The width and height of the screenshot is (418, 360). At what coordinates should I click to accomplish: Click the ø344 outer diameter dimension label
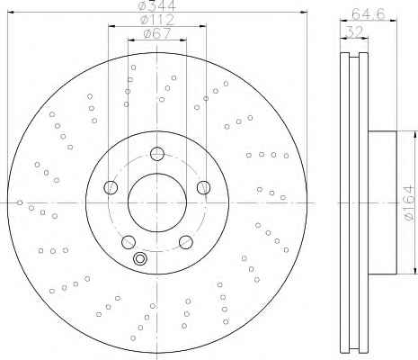click(x=157, y=5)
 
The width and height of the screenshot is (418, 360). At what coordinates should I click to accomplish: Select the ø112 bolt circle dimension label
click(x=157, y=20)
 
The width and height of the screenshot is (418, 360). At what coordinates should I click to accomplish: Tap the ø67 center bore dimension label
click(x=157, y=33)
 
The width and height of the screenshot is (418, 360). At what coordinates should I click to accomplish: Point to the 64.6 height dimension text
click(x=368, y=13)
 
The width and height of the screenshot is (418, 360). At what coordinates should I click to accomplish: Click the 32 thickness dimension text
click(x=354, y=31)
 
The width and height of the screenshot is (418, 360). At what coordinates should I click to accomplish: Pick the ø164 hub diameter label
click(x=409, y=203)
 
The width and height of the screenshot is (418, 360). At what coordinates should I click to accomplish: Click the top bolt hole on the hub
click(x=157, y=154)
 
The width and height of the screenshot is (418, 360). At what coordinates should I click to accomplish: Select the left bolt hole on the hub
click(x=111, y=187)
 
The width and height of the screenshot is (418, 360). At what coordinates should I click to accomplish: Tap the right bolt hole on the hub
click(x=203, y=187)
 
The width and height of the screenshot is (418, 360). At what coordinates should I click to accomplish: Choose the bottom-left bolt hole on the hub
click(x=129, y=242)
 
